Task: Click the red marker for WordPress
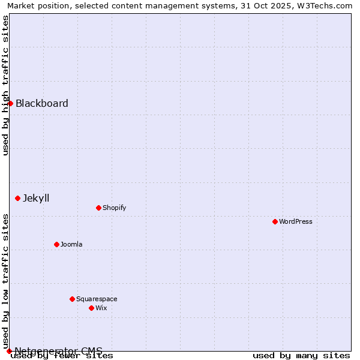(275, 221)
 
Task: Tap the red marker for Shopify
(98, 208)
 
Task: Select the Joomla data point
(56, 244)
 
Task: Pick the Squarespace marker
(72, 299)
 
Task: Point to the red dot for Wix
(91, 308)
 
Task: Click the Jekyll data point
(17, 198)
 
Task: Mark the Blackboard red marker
(10, 103)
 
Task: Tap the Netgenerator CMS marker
(9, 351)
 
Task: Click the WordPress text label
(296, 221)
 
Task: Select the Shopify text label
(115, 208)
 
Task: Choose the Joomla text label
(71, 244)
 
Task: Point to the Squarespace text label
(97, 299)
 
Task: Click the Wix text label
(101, 308)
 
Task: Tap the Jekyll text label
(36, 198)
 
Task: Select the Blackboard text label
(42, 103)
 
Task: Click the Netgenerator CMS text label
(59, 351)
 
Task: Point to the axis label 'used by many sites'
(301, 355)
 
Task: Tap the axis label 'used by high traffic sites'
(5, 85)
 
